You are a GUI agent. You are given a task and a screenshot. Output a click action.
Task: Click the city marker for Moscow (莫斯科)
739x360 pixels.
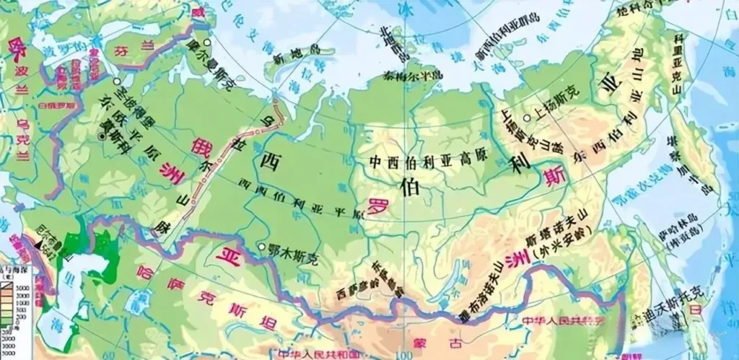[100, 136]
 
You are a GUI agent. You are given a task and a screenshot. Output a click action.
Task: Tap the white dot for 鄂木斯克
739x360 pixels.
[261, 247]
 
